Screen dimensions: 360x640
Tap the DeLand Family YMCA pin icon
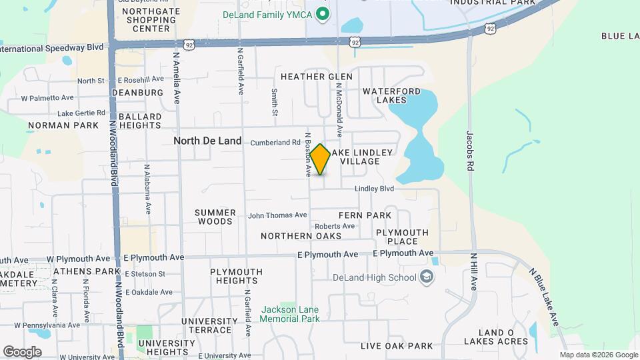pyautogui.click(x=323, y=13)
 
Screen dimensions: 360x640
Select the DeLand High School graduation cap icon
pyautogui.click(x=427, y=277)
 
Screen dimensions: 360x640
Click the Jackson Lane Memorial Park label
pyautogui.click(x=290, y=314)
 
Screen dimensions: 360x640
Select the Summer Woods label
pyautogui.click(x=215, y=217)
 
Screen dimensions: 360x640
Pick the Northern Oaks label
pyautogui.click(x=301, y=236)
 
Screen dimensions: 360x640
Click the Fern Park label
pyautogui.click(x=365, y=215)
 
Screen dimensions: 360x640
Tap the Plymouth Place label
pyautogui.click(x=402, y=237)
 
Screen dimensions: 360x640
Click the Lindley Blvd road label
pyautogui.click(x=374, y=189)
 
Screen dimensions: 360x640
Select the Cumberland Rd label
pyautogui.click(x=275, y=143)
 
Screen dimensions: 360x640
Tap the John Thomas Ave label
pyautogui.click(x=277, y=215)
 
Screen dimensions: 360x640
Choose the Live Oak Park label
pyautogui.click(x=397, y=346)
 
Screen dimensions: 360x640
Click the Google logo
pyautogui.click(x=23, y=351)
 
